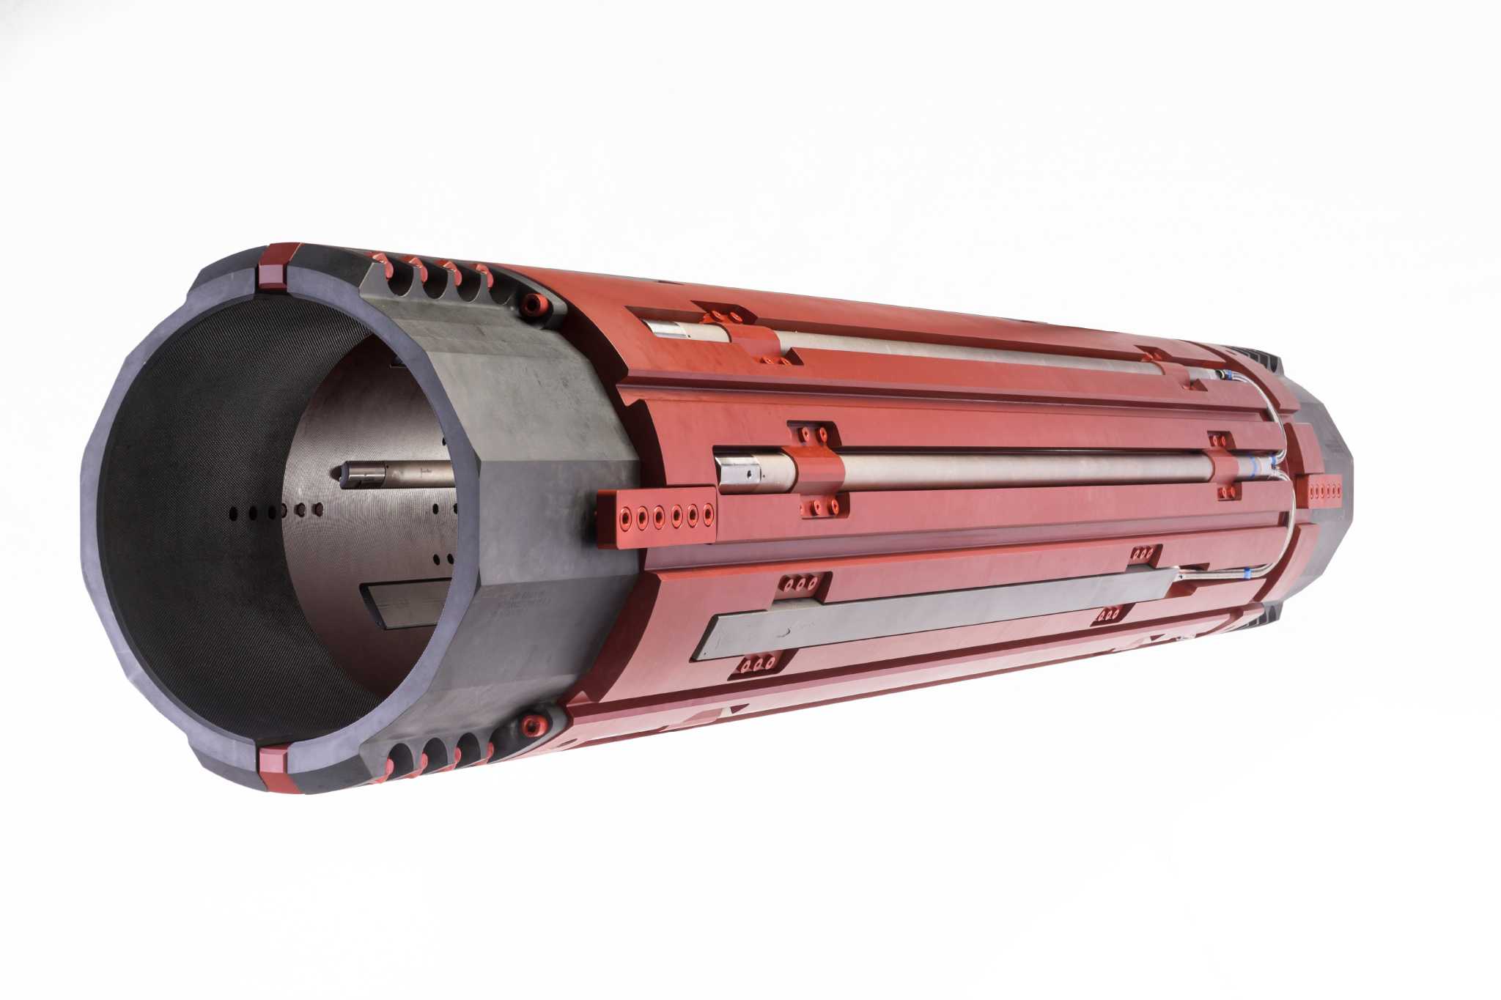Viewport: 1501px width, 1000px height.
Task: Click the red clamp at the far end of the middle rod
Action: coord(1222,466)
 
